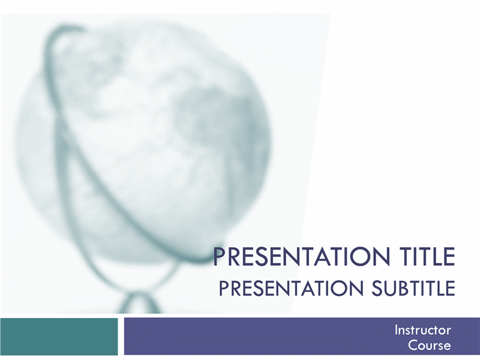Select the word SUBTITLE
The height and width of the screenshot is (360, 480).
(x=413, y=288)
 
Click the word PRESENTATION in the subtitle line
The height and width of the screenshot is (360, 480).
(x=291, y=288)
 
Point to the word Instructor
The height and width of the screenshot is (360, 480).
(x=423, y=330)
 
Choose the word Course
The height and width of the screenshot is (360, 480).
(x=430, y=346)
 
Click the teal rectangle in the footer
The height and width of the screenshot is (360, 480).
(x=59, y=337)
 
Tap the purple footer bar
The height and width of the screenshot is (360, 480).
(x=302, y=337)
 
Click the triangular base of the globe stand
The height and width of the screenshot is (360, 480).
(x=139, y=303)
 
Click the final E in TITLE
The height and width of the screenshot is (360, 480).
(x=449, y=257)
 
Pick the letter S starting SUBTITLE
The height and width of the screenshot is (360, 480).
(x=377, y=288)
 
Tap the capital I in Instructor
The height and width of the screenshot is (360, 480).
(x=396, y=330)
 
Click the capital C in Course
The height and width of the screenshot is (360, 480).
(x=413, y=346)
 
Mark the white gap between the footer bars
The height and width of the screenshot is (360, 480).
(x=121, y=337)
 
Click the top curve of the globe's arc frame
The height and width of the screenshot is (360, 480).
(x=61, y=29)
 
